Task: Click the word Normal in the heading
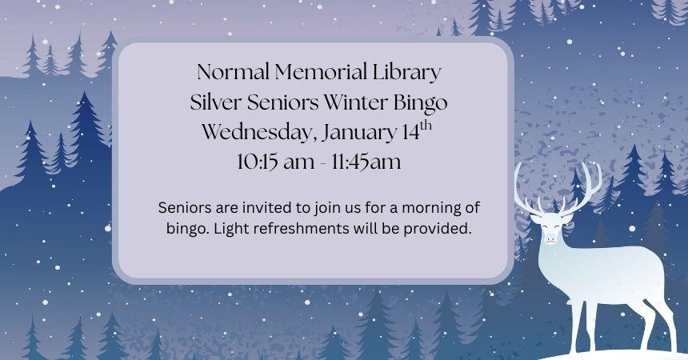pyautogui.click(x=232, y=73)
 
